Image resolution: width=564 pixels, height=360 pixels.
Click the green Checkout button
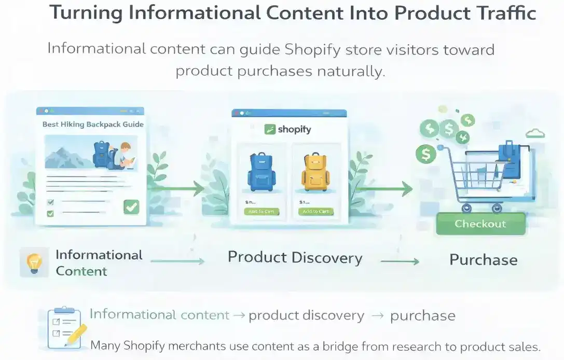point(480,224)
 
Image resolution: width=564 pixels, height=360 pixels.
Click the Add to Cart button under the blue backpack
point(262,212)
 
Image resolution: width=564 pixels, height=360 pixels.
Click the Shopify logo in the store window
point(287,129)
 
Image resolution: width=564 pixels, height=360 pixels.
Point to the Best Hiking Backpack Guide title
point(93,124)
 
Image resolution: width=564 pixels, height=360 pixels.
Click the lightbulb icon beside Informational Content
point(33,262)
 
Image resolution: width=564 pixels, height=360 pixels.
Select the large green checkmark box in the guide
point(131,207)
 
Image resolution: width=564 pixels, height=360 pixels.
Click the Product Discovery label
point(295,257)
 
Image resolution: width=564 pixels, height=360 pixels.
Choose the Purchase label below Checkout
point(483,259)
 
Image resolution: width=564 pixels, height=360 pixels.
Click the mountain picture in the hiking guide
point(70,153)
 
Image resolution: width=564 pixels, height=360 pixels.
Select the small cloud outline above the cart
point(534,134)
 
